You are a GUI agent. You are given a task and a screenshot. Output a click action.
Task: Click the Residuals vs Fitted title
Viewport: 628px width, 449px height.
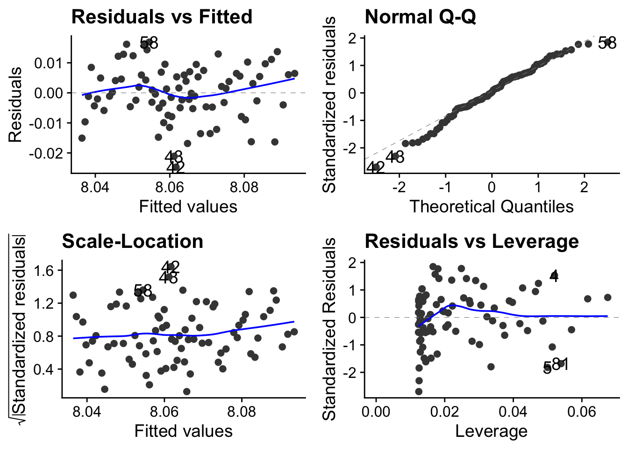tap(161, 17)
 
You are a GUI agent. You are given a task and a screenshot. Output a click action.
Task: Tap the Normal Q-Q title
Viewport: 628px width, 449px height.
tap(420, 17)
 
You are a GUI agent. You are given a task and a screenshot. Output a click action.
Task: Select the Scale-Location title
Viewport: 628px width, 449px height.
tap(132, 241)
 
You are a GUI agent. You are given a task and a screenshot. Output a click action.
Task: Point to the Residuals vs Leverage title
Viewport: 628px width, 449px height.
tap(471, 241)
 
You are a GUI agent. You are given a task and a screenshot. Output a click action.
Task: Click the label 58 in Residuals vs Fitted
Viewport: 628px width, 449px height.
tap(149, 43)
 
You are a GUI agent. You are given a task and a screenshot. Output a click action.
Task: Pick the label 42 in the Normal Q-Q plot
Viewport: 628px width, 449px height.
tap(375, 167)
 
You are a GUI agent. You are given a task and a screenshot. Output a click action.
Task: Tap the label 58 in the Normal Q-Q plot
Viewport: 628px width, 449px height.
tap(607, 43)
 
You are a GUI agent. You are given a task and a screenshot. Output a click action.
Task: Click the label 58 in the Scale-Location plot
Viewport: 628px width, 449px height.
tap(143, 290)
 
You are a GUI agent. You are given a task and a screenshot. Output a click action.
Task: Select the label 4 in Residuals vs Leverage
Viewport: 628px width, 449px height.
tap(554, 276)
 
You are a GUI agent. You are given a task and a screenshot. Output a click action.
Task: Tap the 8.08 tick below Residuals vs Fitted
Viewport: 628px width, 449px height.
tap(244, 188)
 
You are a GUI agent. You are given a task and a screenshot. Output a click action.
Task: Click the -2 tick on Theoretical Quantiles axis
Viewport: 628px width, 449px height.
tap(399, 188)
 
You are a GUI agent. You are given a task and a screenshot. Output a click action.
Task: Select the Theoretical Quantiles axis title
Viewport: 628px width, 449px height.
tap(492, 206)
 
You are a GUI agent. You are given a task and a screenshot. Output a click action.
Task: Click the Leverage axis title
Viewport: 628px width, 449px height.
tap(492, 431)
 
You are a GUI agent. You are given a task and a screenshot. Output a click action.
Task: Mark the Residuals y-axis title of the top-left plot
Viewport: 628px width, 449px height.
tap(15, 104)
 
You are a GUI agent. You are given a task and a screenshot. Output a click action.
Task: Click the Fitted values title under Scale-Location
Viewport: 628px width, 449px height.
tap(183, 431)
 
